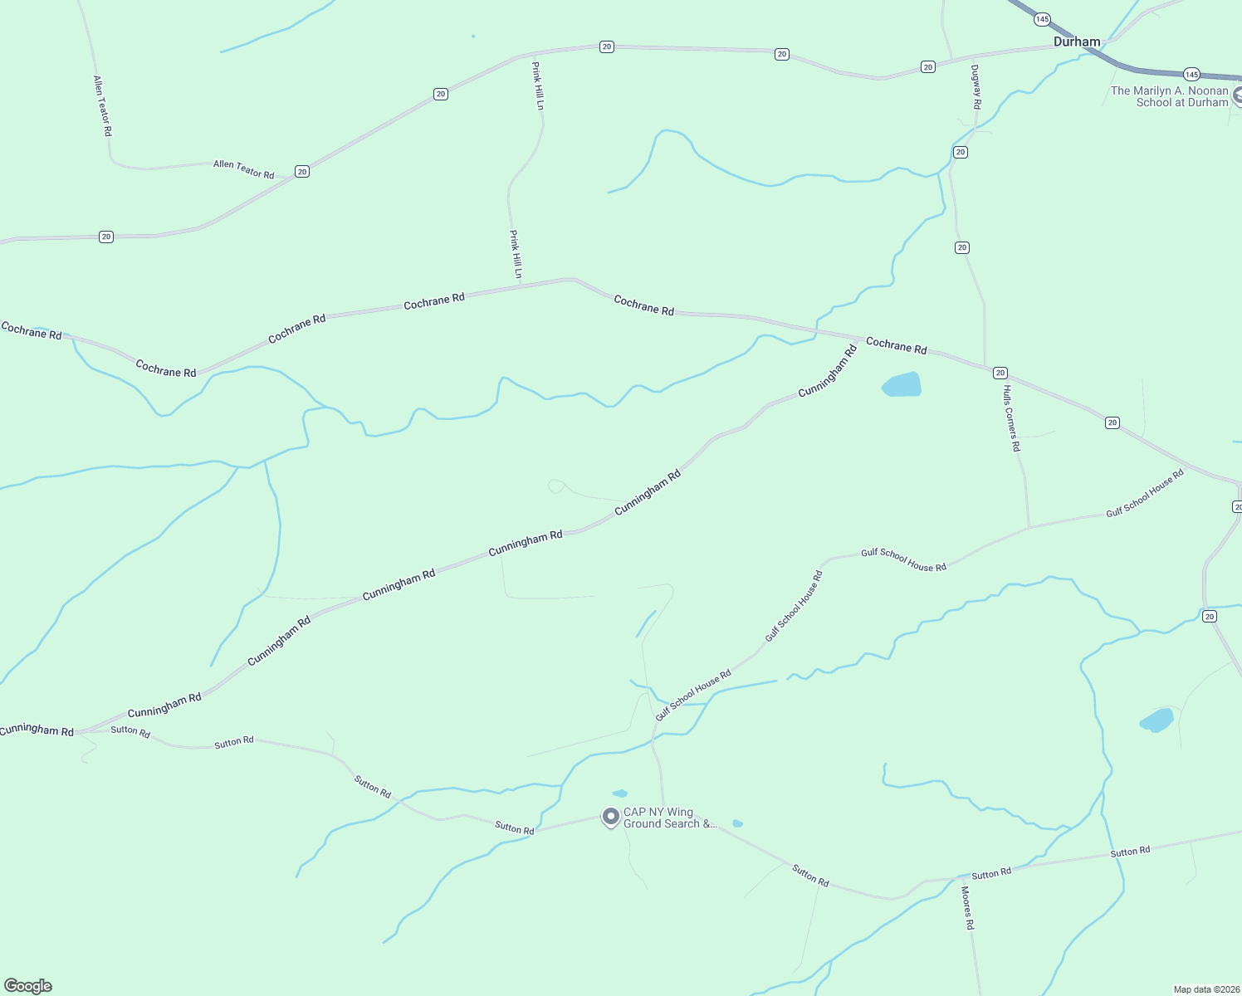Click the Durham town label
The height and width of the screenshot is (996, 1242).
point(1077,41)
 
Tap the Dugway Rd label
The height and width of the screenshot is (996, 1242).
point(976,87)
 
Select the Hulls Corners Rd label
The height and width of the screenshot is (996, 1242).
point(1011,418)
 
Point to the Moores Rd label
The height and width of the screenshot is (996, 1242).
point(967,907)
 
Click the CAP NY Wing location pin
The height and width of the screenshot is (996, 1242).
point(611,817)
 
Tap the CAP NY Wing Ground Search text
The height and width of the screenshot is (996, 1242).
point(669,818)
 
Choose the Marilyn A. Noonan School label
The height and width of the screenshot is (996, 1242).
point(1170,96)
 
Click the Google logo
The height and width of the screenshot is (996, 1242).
point(28,986)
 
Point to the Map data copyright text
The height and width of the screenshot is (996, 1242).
point(1206,989)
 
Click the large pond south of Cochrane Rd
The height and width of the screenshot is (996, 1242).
point(902,385)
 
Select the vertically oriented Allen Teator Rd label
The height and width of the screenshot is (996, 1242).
point(102,106)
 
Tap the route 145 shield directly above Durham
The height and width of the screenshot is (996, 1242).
point(1043,19)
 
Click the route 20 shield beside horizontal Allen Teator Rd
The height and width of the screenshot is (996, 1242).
point(302,172)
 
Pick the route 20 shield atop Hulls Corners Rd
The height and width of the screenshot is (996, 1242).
point(1000,373)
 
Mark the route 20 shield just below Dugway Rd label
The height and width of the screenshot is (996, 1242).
point(961,152)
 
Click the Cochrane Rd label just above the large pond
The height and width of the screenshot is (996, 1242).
point(896,345)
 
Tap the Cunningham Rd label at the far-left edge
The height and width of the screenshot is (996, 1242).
point(37,730)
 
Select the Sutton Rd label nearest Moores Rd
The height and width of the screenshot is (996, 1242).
point(991,873)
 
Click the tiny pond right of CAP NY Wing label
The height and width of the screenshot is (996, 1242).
point(737,824)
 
